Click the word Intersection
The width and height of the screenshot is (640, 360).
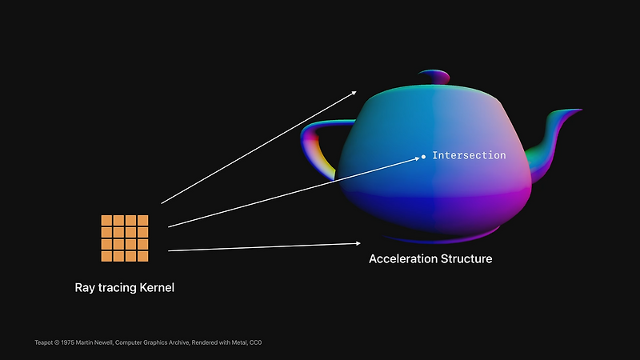click(469, 155)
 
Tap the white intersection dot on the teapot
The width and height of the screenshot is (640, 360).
click(424, 157)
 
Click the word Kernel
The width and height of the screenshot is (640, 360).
click(154, 288)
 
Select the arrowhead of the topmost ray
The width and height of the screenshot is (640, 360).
click(354, 93)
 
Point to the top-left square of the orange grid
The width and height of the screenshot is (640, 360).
click(106, 220)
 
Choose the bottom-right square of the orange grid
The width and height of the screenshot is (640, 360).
click(143, 256)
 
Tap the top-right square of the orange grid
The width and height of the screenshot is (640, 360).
click(143, 220)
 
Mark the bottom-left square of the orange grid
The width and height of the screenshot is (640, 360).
click(106, 256)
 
